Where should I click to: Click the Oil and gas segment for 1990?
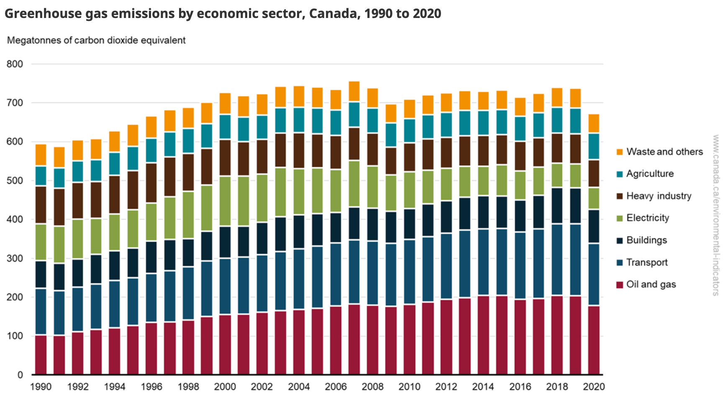point(41,355)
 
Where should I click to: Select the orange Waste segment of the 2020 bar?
point(594,123)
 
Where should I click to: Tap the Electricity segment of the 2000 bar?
point(225,201)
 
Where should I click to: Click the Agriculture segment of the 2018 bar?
point(557,120)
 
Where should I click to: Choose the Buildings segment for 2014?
point(483,212)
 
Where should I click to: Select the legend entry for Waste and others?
point(664,152)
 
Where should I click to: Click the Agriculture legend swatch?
point(620,174)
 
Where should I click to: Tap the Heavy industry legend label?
point(659,196)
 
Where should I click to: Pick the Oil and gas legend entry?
point(651,285)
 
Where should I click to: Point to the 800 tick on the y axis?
point(15,64)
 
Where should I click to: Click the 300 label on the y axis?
point(15,258)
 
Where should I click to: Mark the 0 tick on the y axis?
point(20,375)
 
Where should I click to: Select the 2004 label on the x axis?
point(299,387)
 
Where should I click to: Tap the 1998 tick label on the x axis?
point(188,387)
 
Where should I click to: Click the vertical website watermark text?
point(715,215)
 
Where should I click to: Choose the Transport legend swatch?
point(620,263)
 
